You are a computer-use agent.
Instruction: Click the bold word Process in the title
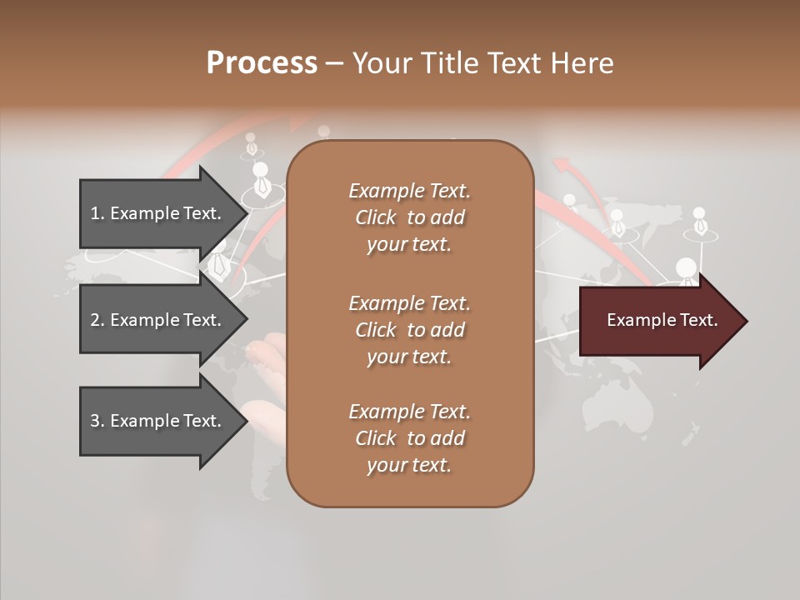pos(262,63)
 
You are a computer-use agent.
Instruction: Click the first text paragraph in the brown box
pos(409,217)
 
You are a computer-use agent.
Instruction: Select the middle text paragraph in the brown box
pos(409,330)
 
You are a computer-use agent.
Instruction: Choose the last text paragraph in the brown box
pos(409,438)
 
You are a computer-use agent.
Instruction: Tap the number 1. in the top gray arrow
pos(97,213)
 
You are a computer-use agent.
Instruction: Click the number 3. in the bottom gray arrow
pos(97,421)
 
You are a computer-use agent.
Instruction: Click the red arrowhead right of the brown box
pos(567,166)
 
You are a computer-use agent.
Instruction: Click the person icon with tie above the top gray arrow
pos(262,178)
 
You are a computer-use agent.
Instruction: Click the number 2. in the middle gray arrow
pos(97,320)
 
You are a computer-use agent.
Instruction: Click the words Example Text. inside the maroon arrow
pos(662,320)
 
